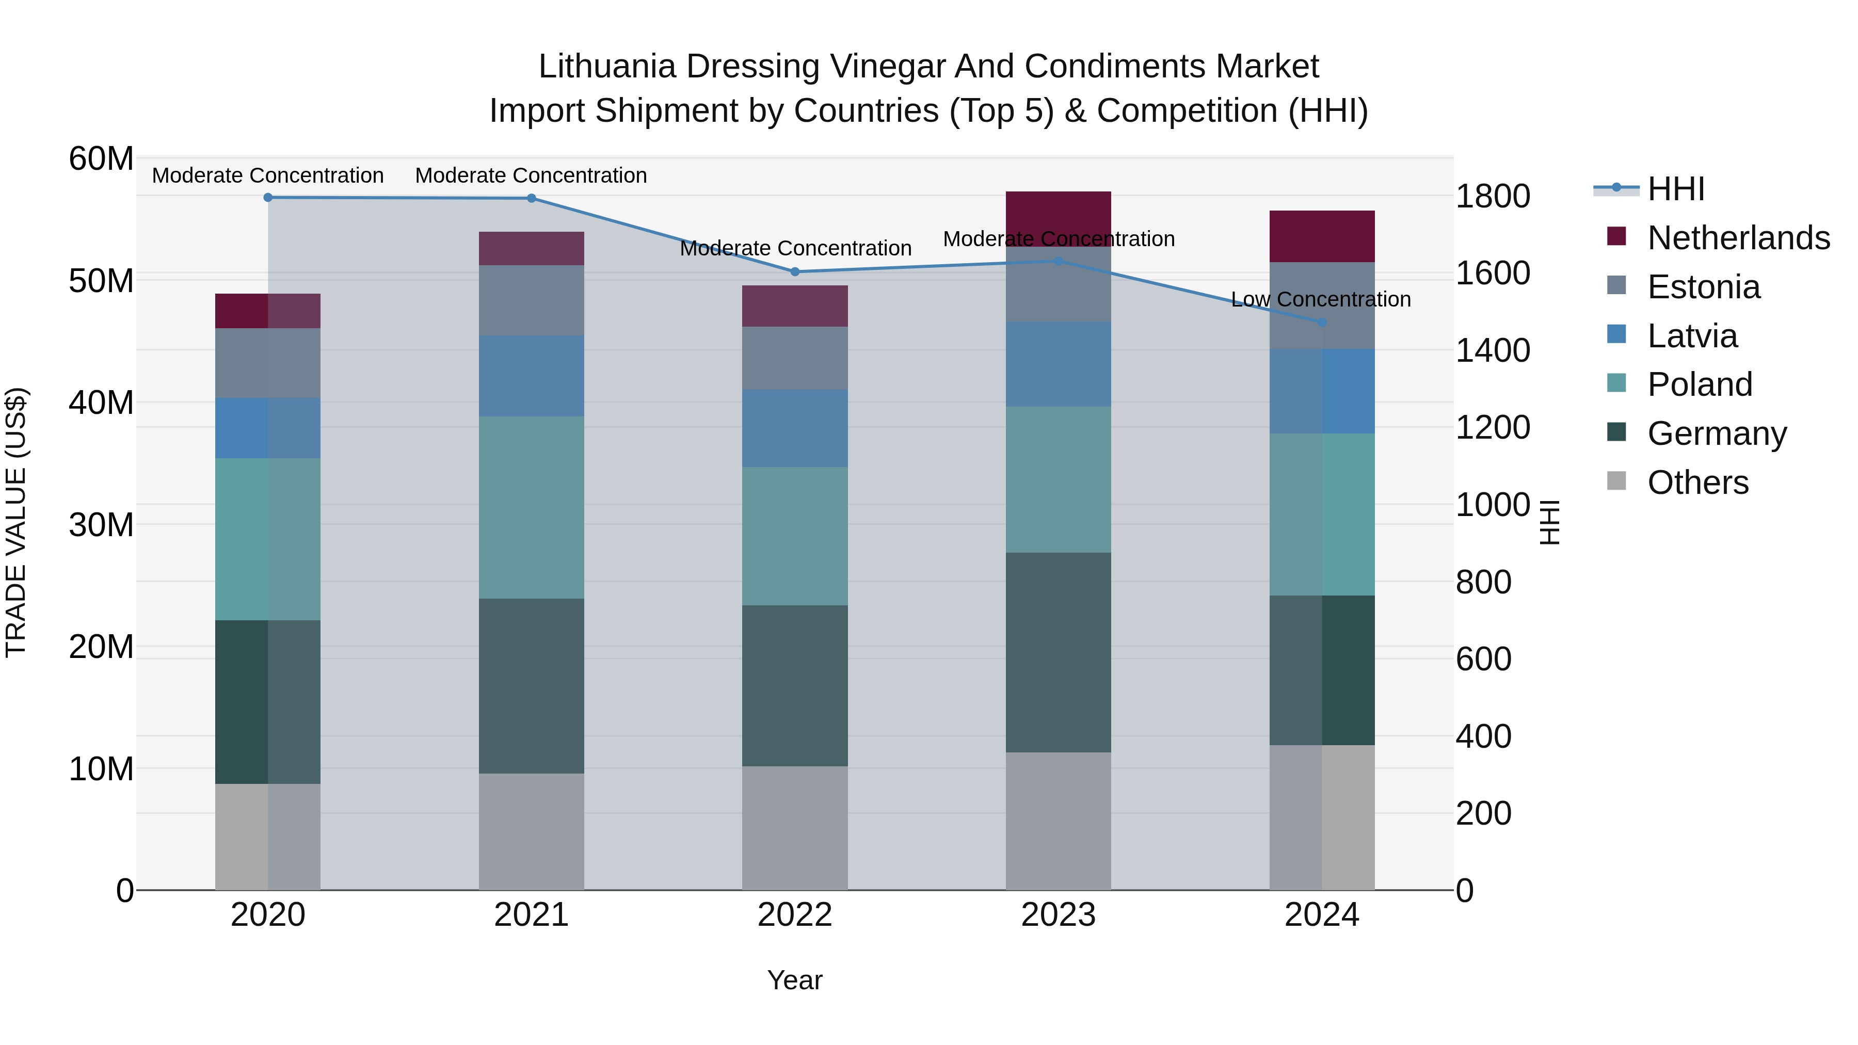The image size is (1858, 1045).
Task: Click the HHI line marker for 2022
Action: [795, 272]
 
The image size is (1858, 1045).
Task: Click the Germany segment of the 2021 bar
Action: [532, 686]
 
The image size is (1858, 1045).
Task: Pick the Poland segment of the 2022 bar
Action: [795, 536]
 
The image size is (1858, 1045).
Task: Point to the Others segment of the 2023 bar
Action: [1058, 821]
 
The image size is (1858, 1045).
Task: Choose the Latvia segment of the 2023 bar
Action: [1058, 364]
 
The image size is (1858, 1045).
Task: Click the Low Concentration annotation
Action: [1321, 299]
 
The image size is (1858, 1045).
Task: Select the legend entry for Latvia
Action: [1692, 336]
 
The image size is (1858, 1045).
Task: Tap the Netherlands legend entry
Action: [1738, 238]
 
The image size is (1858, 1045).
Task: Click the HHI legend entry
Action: [1675, 189]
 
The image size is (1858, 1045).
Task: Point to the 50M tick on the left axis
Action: [101, 281]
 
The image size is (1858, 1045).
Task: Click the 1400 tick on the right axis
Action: [1492, 350]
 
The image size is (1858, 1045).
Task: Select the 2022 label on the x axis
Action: [795, 915]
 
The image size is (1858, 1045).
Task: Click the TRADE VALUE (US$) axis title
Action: [16, 522]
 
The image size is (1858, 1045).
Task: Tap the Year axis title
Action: [795, 980]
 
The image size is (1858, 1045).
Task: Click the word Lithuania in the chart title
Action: [606, 67]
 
